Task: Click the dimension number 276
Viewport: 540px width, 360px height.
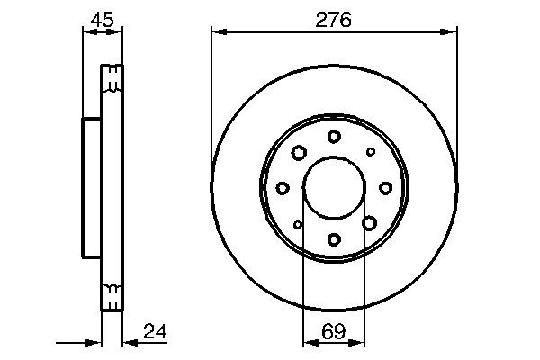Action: [334, 18]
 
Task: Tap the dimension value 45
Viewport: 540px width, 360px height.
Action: [101, 18]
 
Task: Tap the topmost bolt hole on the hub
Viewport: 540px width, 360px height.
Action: [334, 136]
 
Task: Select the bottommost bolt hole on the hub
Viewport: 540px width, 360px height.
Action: [334, 239]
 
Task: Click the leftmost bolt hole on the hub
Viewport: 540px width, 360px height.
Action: [283, 187]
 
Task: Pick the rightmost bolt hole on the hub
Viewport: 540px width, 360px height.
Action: [386, 187]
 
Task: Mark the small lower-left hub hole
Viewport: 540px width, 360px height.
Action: [298, 224]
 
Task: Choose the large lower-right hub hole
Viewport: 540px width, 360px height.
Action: [370, 223]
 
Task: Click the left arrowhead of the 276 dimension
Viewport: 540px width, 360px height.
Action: [217, 32]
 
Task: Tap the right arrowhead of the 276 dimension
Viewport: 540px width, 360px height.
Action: [451, 32]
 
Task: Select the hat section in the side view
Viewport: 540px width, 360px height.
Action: [91, 187]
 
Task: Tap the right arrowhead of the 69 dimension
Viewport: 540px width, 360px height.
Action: [360, 343]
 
